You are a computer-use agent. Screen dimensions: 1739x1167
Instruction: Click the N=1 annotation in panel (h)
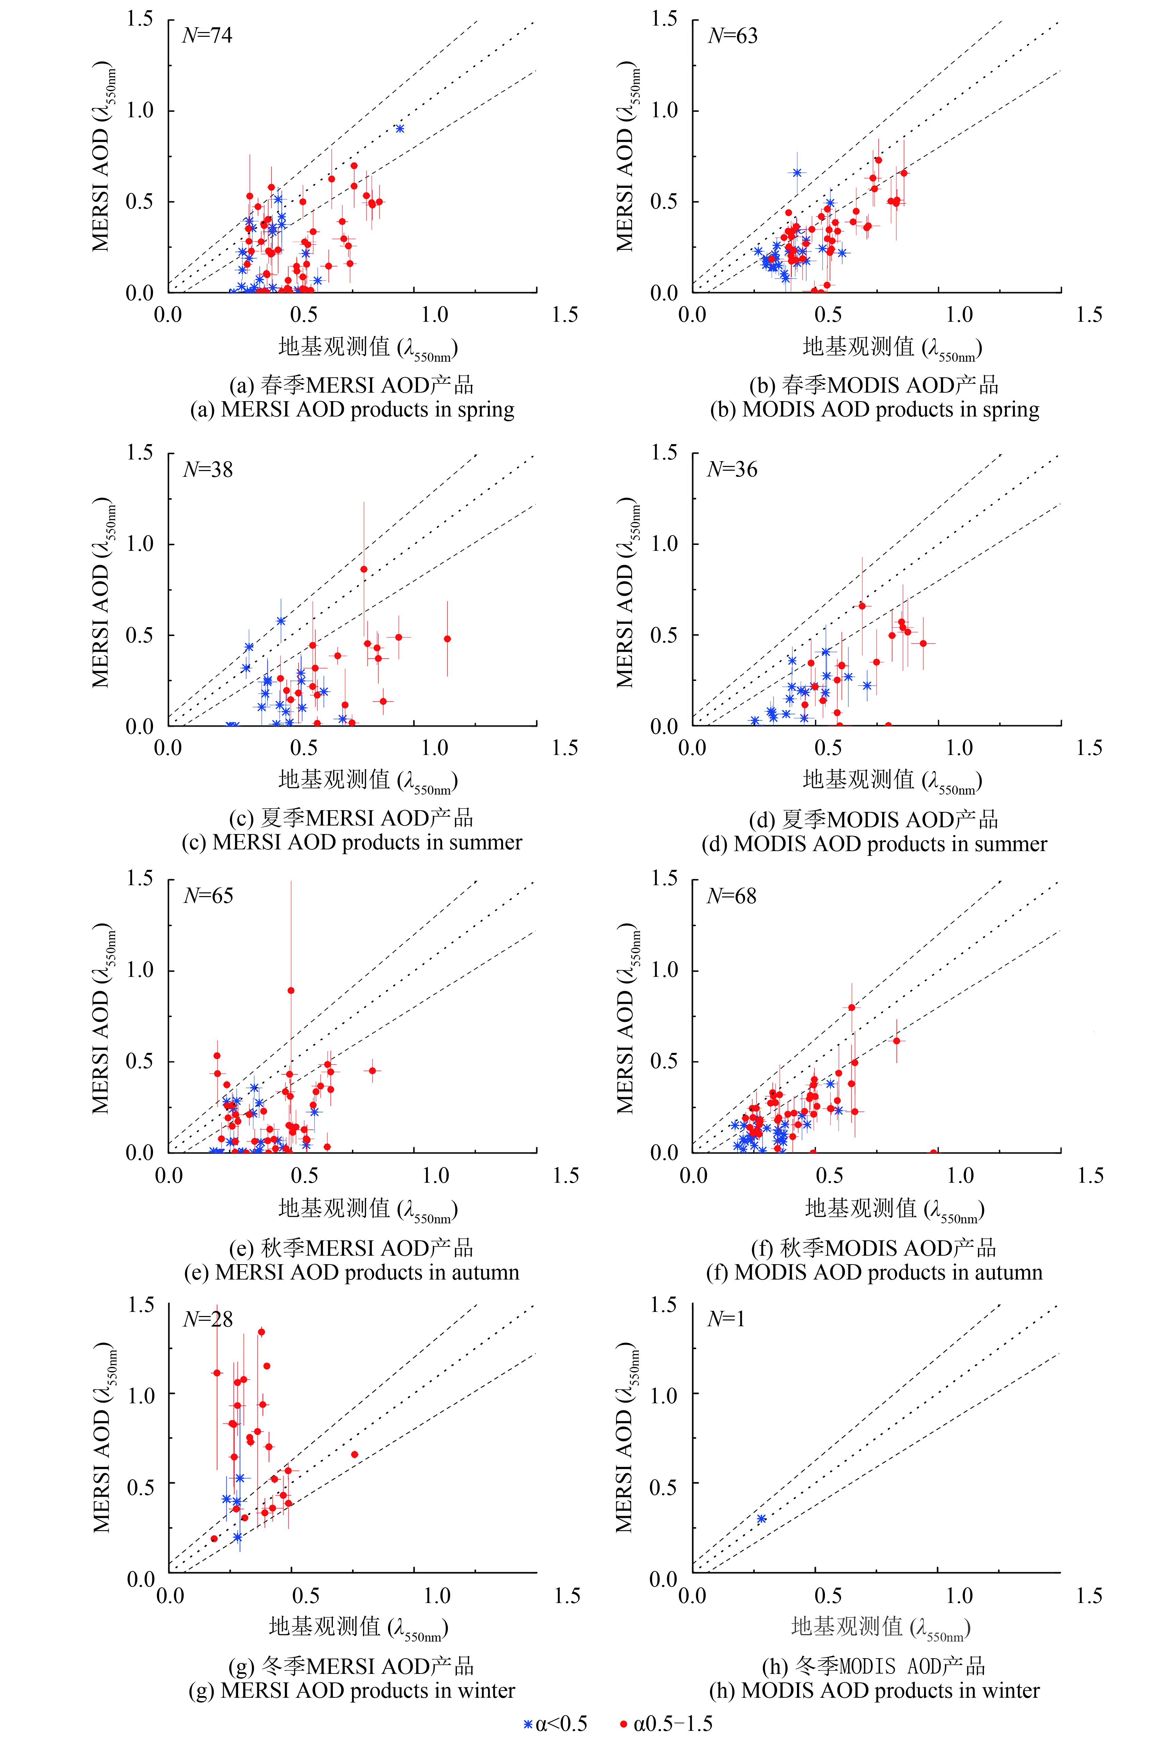(726, 1320)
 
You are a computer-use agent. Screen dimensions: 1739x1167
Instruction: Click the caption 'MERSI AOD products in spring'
(353, 409)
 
